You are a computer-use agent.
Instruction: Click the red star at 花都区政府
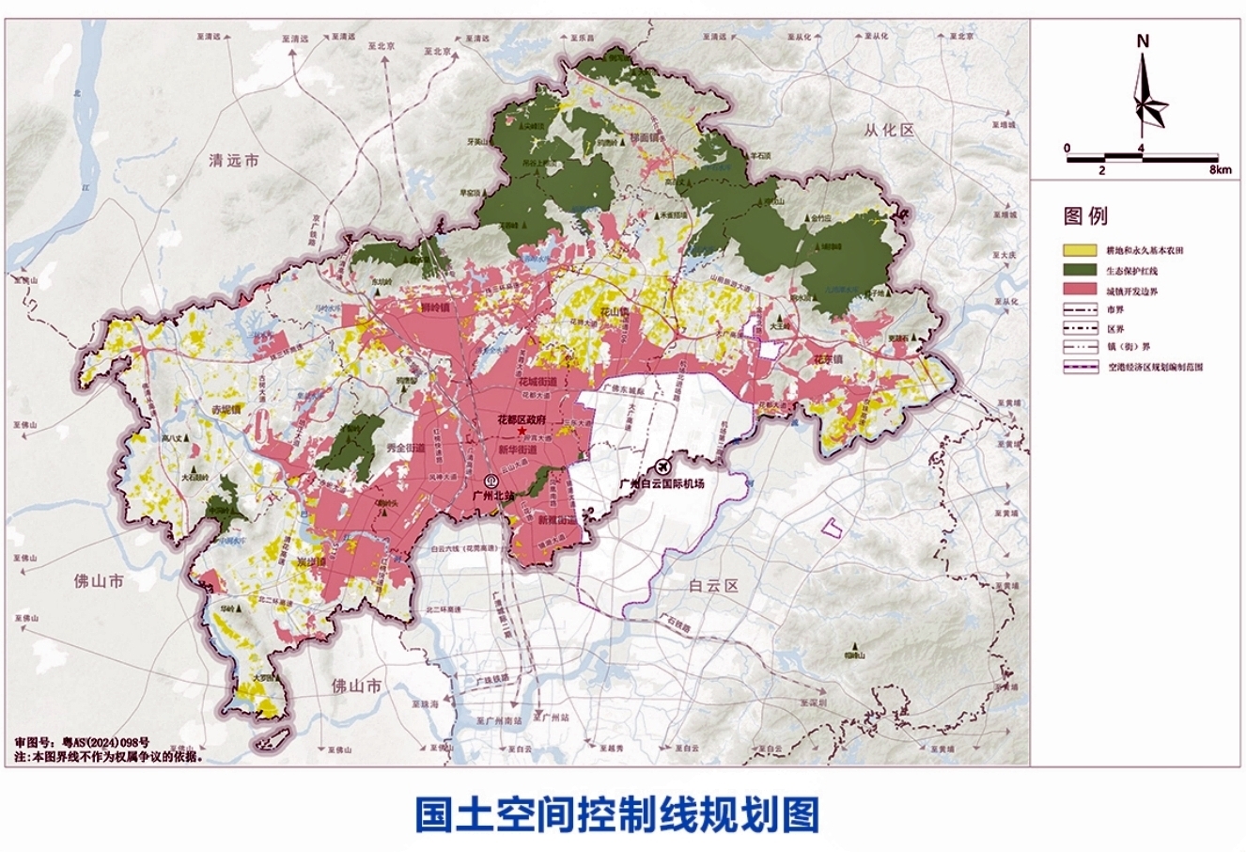click(x=522, y=430)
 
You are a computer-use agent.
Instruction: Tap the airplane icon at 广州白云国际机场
click(x=664, y=466)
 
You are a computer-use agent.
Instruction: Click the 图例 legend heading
click(x=1085, y=216)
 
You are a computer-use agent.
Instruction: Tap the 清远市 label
click(x=234, y=162)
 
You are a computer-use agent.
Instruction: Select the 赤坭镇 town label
click(x=226, y=410)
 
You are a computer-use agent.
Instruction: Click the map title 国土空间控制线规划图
click(x=616, y=813)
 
